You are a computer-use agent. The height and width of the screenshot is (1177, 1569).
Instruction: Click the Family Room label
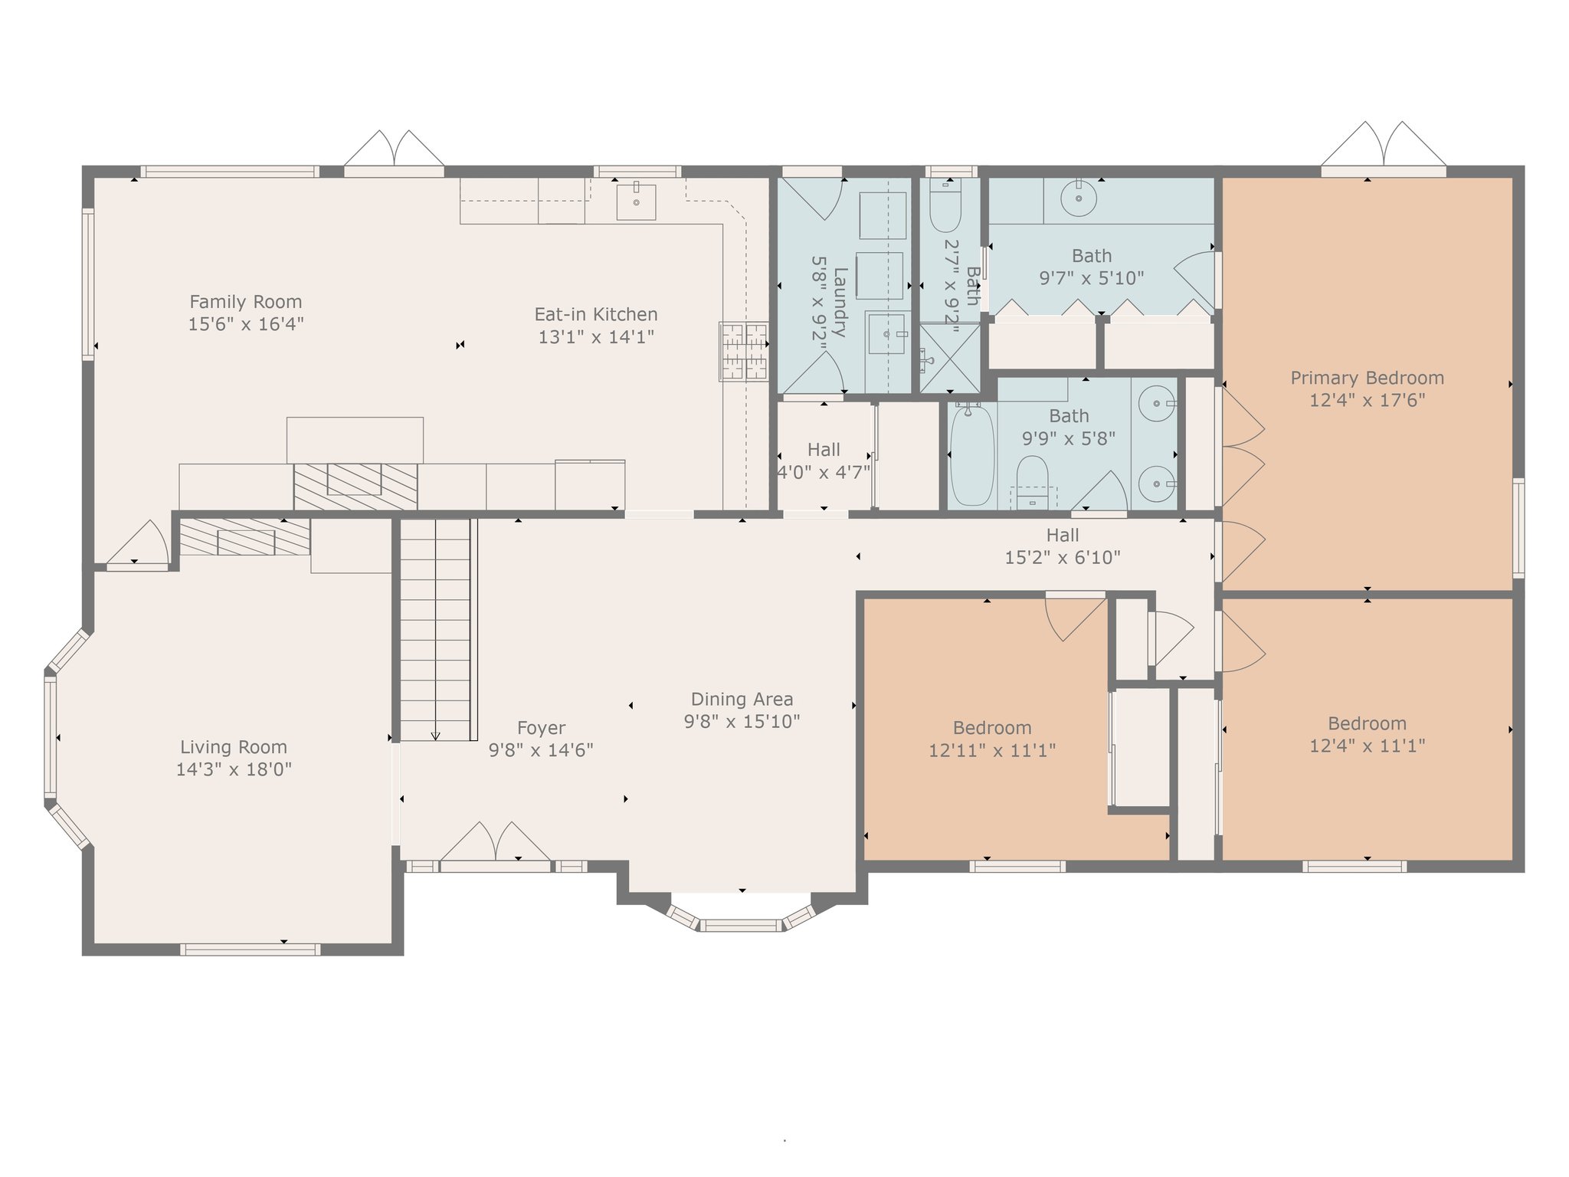coord(246,302)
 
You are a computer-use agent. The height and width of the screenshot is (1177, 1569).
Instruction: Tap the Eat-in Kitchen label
coord(596,314)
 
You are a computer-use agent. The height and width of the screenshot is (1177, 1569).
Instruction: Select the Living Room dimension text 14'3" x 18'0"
coord(234,769)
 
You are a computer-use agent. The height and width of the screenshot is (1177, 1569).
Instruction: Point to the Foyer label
coord(541,728)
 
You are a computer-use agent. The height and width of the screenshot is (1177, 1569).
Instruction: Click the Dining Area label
coord(742,699)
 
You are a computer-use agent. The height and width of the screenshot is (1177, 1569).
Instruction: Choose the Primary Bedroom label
coord(1368,378)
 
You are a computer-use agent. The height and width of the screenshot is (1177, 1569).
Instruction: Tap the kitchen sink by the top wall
coord(636,202)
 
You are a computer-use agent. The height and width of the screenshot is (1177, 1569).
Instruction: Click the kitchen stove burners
coord(743,351)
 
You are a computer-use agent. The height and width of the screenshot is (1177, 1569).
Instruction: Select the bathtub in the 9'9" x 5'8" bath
coord(972,454)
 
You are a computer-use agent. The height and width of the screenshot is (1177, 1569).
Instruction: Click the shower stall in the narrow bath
coord(949,358)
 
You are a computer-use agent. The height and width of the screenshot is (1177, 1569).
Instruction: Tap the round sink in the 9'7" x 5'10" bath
coord(1079,198)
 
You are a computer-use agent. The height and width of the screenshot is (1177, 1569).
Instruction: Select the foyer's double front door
coord(496,843)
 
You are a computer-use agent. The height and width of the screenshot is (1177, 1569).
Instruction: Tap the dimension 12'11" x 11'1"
coord(992,750)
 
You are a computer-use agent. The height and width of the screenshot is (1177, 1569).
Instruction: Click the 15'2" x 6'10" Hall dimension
coord(1063,558)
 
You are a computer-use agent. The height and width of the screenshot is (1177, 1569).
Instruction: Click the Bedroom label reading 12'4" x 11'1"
coord(1368,734)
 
